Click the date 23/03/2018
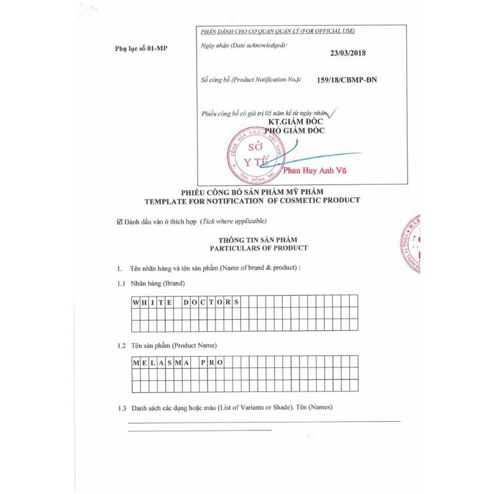348,52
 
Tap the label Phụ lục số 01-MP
141,48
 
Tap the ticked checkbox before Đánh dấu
119,221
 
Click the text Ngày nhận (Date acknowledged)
244,45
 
